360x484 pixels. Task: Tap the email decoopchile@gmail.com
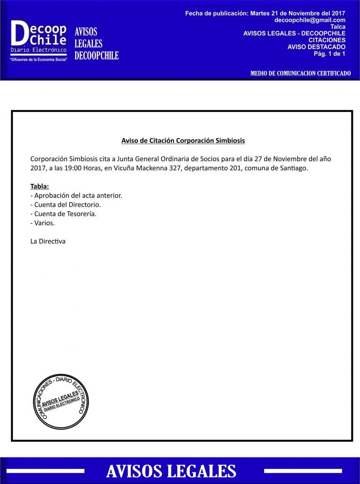coord(309,20)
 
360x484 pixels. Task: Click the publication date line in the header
coord(265,14)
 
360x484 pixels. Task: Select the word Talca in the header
coord(338,27)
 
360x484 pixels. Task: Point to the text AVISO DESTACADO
coord(316,47)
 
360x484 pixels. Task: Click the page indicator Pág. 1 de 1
coord(329,53)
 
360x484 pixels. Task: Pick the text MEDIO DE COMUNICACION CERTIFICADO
coord(300,74)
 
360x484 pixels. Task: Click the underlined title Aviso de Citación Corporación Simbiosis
coord(183,140)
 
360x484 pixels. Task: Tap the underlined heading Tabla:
coord(39,186)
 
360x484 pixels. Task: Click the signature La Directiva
coord(48,241)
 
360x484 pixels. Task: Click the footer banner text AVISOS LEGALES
coord(171,471)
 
